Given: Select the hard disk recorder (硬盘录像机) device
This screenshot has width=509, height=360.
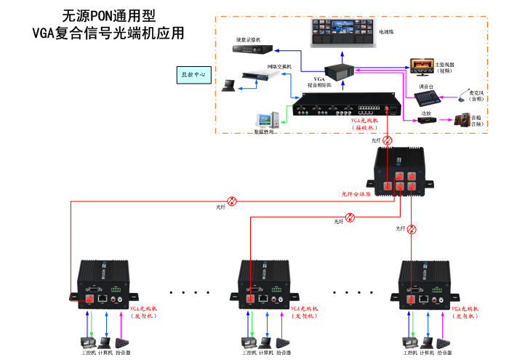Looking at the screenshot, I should (x=252, y=49).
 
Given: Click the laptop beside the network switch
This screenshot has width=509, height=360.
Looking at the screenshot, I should (x=228, y=85).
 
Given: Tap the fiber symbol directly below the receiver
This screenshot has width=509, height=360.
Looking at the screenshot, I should (x=389, y=140).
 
